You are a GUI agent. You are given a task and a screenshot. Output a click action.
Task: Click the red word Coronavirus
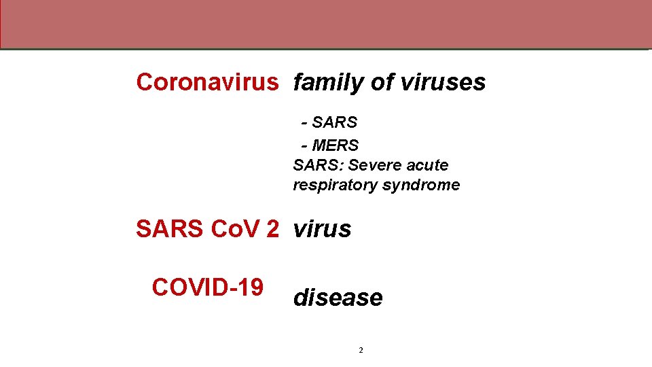[207, 82]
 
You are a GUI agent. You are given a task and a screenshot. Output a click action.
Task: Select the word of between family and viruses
[382, 82]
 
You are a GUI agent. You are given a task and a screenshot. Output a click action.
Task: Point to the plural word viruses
[443, 82]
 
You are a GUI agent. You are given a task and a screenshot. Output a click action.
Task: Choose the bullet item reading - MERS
[330, 145]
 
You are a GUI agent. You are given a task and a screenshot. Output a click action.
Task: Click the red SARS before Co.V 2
[170, 229]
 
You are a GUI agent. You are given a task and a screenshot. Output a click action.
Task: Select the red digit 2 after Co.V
[272, 229]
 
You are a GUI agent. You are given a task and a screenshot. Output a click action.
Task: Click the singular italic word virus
[322, 229]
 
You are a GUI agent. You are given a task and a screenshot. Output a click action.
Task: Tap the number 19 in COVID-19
[249, 287]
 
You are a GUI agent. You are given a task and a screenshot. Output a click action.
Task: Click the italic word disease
[338, 298]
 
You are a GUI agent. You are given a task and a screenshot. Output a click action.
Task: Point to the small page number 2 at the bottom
[361, 350]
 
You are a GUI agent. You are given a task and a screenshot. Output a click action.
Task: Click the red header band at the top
[326, 24]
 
